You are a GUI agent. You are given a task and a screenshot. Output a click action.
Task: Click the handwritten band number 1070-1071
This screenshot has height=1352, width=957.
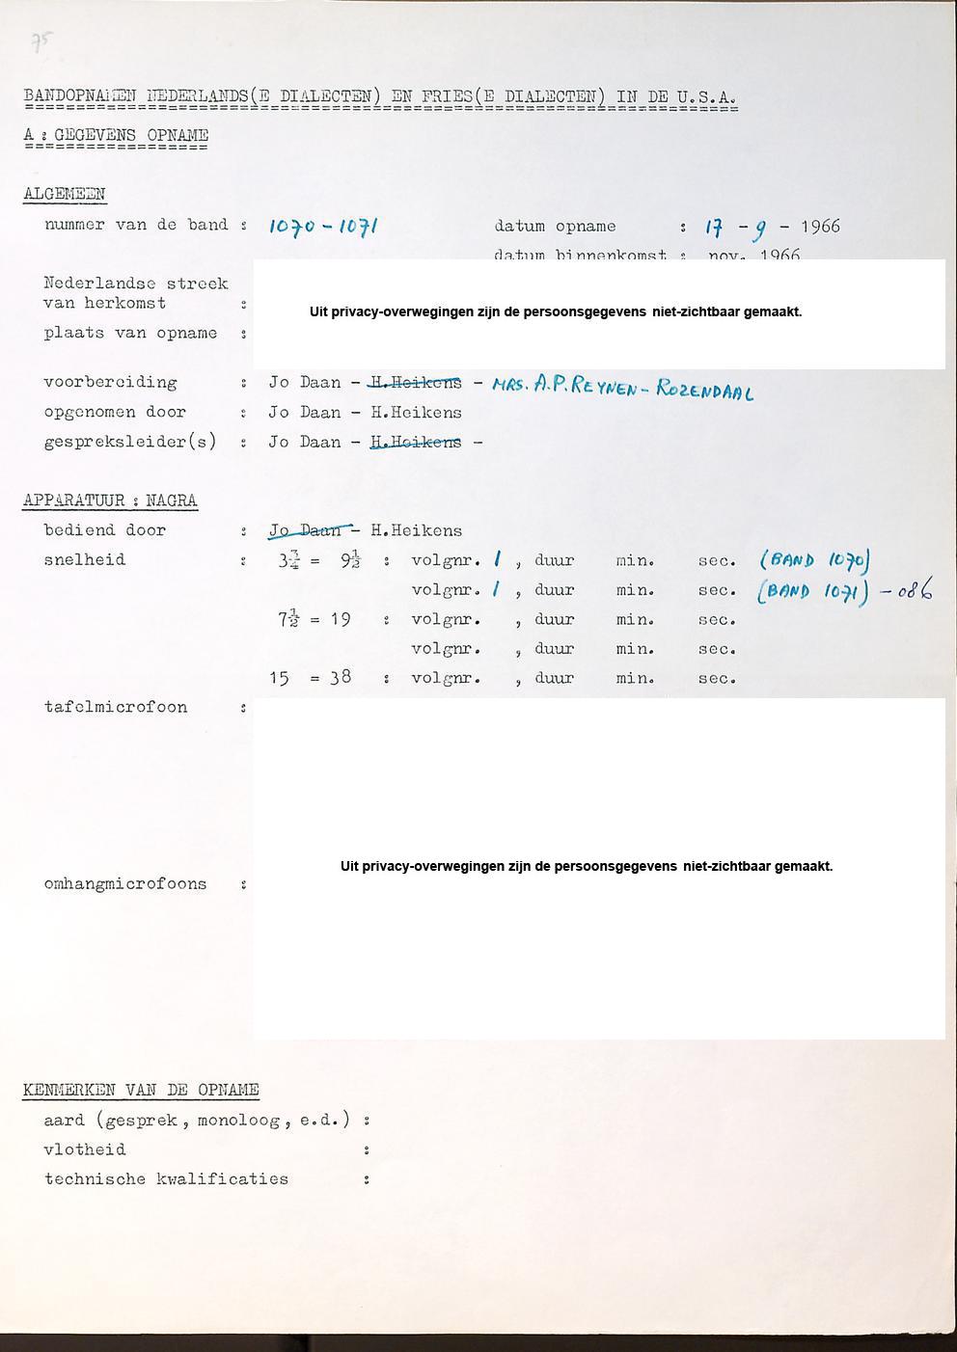(x=322, y=227)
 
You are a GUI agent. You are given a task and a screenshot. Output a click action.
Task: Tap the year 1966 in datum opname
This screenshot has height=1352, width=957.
(x=820, y=227)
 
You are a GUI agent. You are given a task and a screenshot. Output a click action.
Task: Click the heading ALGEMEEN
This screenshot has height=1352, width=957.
(x=65, y=194)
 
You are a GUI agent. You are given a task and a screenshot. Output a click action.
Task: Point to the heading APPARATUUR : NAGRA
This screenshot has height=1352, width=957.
(x=110, y=500)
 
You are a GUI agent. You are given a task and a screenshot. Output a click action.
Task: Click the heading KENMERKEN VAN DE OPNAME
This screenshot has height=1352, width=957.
(x=141, y=1091)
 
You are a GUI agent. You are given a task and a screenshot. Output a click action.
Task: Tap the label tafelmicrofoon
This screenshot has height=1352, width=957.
(x=116, y=707)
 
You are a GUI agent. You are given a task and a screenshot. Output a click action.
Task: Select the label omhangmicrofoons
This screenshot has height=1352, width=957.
(x=125, y=883)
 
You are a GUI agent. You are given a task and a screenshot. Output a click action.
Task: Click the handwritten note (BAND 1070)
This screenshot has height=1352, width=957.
(x=815, y=560)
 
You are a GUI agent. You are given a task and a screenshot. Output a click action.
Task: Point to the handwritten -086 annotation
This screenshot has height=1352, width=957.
(x=906, y=590)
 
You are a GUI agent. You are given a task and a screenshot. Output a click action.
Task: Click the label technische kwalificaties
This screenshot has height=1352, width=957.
(x=166, y=1178)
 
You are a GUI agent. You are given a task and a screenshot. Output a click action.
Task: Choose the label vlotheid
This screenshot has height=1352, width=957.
(x=85, y=1149)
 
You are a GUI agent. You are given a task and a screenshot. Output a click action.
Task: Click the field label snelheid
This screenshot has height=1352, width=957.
(x=85, y=559)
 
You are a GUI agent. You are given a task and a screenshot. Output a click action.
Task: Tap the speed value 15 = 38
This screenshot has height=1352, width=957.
(x=310, y=678)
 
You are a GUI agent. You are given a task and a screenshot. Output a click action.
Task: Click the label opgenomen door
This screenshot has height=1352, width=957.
(x=115, y=412)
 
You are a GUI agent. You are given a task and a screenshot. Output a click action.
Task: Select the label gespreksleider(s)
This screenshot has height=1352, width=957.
(x=130, y=442)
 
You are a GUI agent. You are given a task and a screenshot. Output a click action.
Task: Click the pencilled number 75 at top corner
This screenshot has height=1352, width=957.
(x=41, y=41)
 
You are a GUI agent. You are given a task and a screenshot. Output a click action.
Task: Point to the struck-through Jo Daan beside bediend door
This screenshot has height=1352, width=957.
(x=304, y=530)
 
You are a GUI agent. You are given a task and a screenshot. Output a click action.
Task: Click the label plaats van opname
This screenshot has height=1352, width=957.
(x=130, y=333)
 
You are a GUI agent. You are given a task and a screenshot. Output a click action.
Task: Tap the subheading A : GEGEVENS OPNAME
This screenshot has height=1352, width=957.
(x=116, y=135)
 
